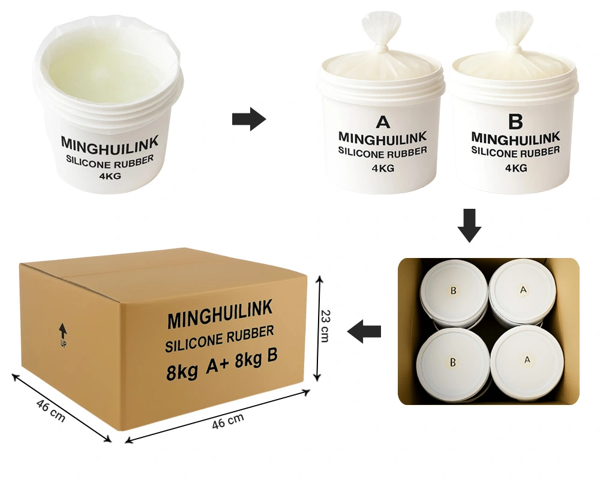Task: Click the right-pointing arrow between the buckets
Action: click(249, 119)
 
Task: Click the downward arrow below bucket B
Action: click(470, 226)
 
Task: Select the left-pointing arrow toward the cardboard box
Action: click(364, 331)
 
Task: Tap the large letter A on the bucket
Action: click(383, 122)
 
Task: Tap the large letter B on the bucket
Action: click(515, 121)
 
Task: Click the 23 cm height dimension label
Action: click(325, 326)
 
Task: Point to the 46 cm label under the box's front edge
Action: click(228, 421)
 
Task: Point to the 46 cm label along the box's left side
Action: click(51, 411)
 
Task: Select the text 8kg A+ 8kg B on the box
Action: click(222, 363)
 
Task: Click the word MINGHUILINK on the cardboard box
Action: click(220, 314)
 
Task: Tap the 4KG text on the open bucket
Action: click(110, 176)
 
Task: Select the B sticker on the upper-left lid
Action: click(454, 290)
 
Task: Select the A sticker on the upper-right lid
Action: click(523, 290)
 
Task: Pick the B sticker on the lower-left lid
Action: click(453, 362)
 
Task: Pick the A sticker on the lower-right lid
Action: click(527, 360)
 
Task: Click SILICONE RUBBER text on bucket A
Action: click(383, 152)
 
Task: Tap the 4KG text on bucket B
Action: click(516, 167)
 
